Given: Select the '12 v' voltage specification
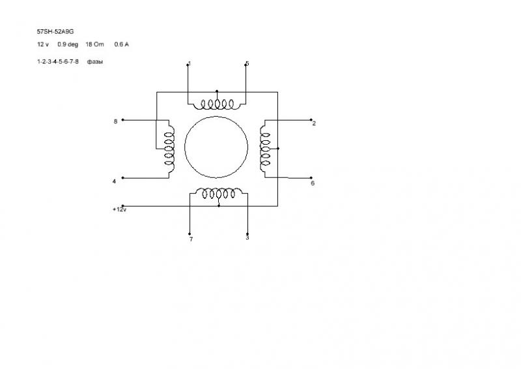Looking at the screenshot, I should point(43,44).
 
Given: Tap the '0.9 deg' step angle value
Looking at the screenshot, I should point(67,44).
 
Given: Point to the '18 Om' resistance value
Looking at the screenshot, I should point(95,44).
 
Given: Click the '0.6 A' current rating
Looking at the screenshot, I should point(122,44).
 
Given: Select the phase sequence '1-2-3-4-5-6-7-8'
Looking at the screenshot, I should point(58,61).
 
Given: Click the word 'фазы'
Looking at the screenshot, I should point(96,61).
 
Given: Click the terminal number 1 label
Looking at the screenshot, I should point(189,64).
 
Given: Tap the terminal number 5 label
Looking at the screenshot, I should point(247,64).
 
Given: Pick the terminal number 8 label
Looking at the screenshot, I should point(115,121).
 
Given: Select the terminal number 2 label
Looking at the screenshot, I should point(314,123).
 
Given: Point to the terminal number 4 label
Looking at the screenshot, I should point(114,181).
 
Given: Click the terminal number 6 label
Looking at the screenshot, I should point(313,183).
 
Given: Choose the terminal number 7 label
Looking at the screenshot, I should point(191,239).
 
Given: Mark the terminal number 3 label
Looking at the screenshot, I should point(247,238).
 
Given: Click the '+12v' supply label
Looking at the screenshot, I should point(119,210).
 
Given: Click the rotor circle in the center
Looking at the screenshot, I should point(216,147).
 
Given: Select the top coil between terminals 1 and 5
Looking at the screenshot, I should point(217,104).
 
